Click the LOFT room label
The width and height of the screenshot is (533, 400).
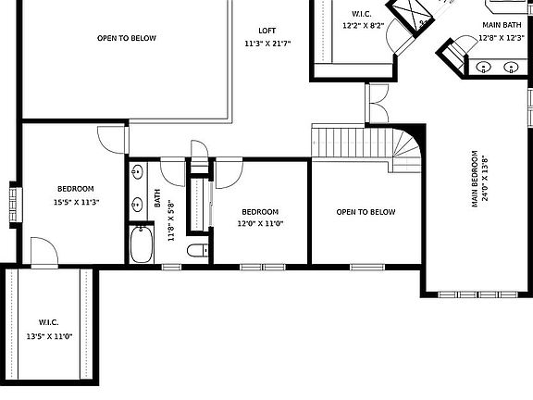point(266,31)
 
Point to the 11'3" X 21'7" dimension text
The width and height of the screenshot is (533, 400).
point(267,44)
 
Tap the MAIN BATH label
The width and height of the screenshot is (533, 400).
point(502,25)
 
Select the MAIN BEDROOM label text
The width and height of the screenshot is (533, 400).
point(475,179)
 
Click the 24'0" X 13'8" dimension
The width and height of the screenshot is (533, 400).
point(485,179)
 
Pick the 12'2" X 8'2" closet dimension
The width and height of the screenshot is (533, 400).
point(363,26)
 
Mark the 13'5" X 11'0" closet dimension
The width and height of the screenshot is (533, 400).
point(50,337)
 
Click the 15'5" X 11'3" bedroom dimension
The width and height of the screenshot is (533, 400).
point(76,203)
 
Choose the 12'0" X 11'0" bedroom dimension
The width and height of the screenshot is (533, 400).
point(260,223)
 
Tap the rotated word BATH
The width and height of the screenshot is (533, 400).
point(157,198)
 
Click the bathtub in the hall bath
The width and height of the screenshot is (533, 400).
point(142,244)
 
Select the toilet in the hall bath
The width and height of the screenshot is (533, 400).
point(198,251)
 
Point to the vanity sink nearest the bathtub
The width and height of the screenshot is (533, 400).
point(137,204)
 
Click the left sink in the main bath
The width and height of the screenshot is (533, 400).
point(484,67)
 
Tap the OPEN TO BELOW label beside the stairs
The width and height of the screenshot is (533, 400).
point(366,212)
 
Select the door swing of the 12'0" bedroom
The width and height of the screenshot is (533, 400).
point(229,173)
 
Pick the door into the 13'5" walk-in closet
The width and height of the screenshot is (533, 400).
point(44,251)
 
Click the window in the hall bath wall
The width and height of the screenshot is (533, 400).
point(172,267)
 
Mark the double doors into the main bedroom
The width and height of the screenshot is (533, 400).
point(378,104)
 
